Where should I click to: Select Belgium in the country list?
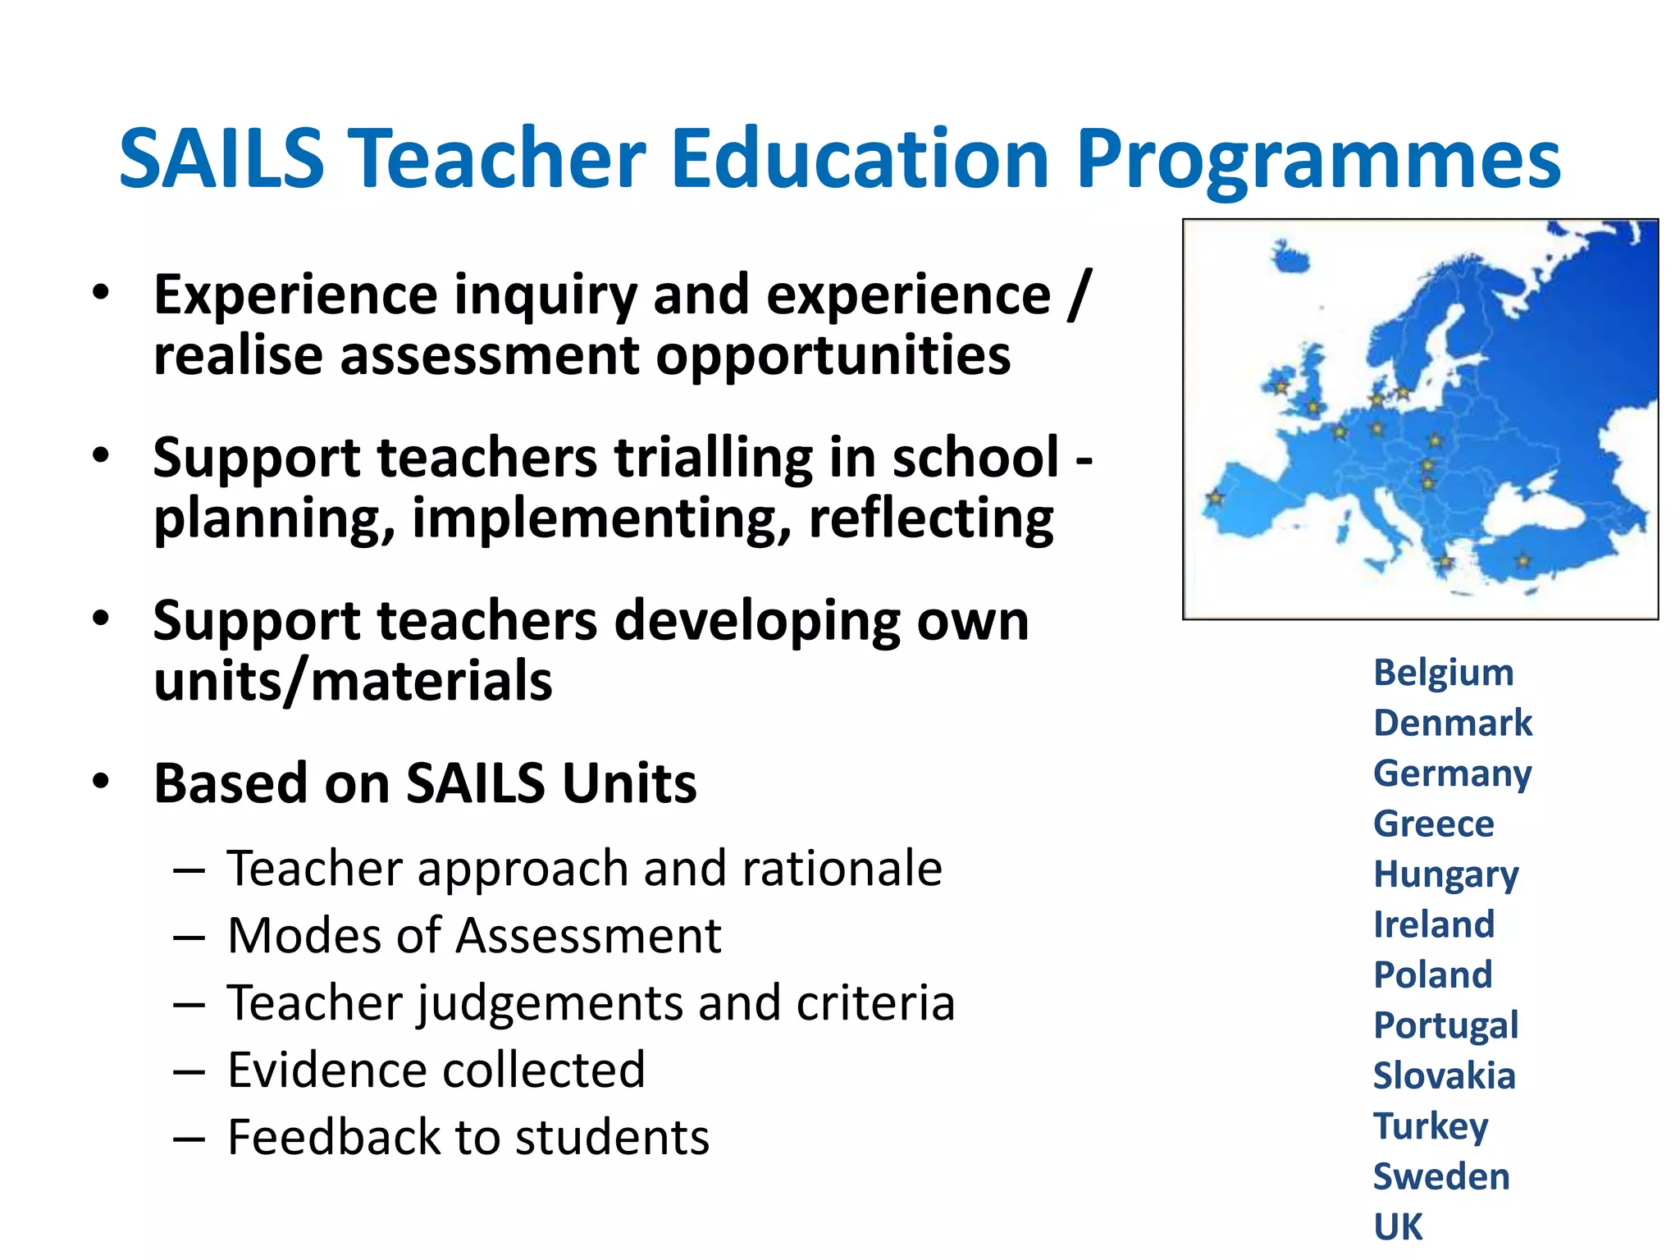[x=1443, y=673]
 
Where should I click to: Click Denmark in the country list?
[x=1453, y=724]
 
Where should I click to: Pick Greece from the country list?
[x=1433, y=824]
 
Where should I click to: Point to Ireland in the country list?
[x=1434, y=924]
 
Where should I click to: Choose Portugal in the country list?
[x=1445, y=1025]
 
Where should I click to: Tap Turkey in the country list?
[x=1431, y=1126]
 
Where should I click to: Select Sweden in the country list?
[x=1441, y=1176]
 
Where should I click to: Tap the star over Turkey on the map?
[x=1523, y=561]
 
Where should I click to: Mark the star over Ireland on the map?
[x=1281, y=386]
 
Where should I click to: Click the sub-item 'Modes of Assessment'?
[x=474, y=935]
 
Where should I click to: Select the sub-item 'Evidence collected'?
[x=436, y=1070]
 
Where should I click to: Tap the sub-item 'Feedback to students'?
[x=468, y=1137]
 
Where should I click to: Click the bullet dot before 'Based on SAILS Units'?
[x=100, y=782]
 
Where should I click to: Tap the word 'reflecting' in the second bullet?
[x=931, y=518]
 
